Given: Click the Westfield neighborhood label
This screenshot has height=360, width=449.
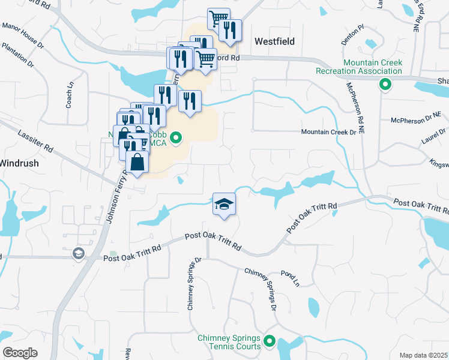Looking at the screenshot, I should (x=274, y=41).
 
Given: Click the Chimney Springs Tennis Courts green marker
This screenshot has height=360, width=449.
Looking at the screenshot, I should (x=270, y=343).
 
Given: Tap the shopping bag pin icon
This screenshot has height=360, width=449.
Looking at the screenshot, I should (x=137, y=163).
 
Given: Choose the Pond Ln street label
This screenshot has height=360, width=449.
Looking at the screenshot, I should (x=289, y=278).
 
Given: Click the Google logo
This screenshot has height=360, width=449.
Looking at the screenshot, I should (x=20, y=353).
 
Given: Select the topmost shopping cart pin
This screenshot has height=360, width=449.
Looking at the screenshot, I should (x=218, y=19).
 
